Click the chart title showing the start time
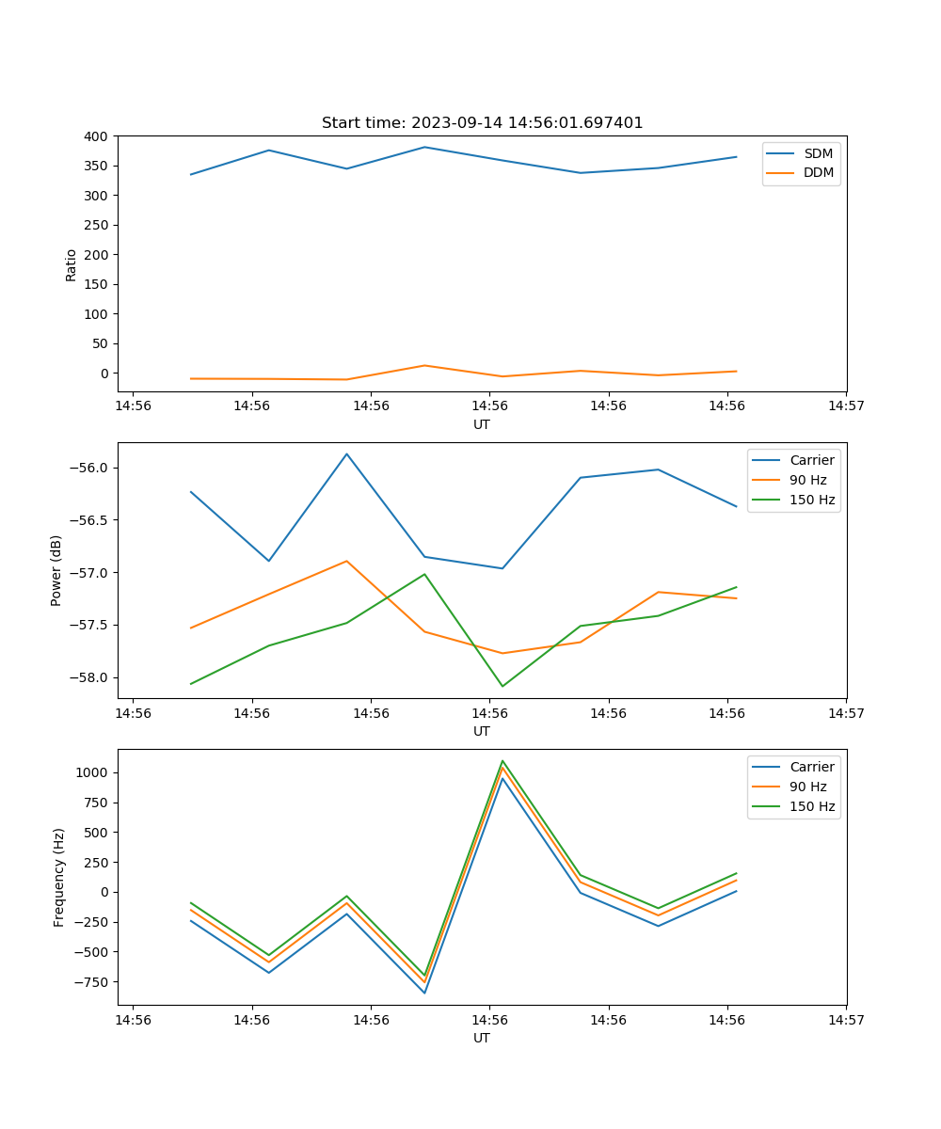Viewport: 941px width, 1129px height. click(482, 123)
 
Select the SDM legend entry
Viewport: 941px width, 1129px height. click(818, 153)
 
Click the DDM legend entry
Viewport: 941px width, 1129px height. click(819, 173)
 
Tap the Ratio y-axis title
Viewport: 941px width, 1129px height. click(72, 264)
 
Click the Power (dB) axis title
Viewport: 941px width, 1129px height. click(56, 570)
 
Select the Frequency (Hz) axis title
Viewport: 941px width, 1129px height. click(59, 877)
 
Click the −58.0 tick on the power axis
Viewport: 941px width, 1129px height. click(89, 677)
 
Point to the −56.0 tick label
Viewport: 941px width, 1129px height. click(89, 469)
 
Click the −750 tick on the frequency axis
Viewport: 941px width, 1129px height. click(90, 981)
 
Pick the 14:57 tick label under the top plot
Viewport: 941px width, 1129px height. click(846, 406)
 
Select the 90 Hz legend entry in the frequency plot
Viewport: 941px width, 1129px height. click(808, 787)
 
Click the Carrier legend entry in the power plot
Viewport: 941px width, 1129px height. click(811, 460)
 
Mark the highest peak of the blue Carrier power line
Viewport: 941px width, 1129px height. click(346, 453)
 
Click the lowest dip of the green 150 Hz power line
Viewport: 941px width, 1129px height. click(502, 686)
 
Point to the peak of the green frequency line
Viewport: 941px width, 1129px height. click(502, 760)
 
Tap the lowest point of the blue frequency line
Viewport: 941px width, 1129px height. click(424, 993)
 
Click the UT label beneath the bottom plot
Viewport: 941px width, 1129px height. click(482, 1038)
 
